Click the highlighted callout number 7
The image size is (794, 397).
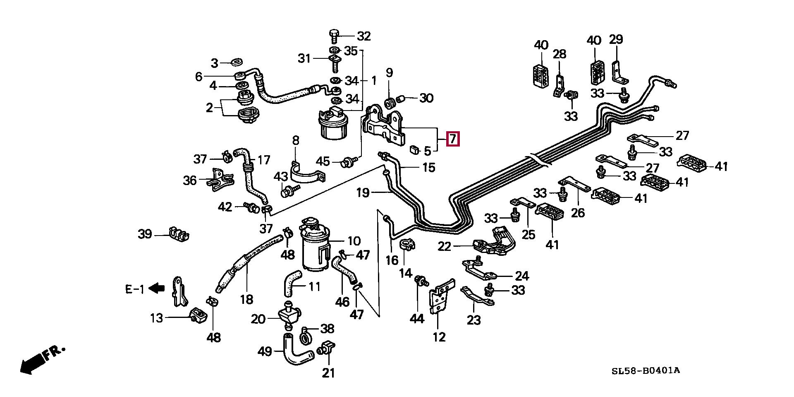click(x=453, y=139)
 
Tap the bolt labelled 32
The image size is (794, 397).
click(x=334, y=36)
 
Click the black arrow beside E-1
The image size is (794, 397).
click(x=157, y=288)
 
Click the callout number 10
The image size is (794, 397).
click(x=354, y=241)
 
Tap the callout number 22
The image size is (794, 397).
click(x=445, y=246)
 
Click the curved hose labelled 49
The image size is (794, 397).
click(x=298, y=350)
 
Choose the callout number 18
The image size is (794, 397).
click(x=246, y=299)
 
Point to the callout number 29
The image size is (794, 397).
click(x=616, y=40)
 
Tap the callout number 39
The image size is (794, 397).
click(x=145, y=234)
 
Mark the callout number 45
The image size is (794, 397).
click(x=323, y=161)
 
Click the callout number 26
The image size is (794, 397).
click(x=578, y=213)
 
